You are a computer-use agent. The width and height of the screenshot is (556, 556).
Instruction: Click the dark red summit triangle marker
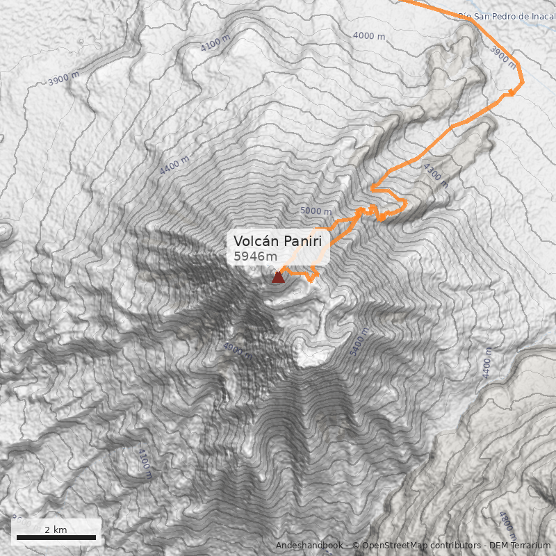(278, 277)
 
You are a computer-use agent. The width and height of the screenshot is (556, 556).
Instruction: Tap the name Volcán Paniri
(278, 240)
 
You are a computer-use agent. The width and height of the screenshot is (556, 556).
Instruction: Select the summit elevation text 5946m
(256, 256)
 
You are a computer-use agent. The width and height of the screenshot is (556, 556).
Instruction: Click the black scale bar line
(56, 537)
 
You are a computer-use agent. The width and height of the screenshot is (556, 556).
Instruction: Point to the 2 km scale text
(56, 530)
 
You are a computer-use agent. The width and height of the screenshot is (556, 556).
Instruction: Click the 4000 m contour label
(369, 35)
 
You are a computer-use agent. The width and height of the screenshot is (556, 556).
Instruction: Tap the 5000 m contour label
(316, 210)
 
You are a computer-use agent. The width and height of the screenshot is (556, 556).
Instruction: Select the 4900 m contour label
(237, 350)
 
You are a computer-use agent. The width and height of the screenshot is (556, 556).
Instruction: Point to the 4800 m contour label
(507, 525)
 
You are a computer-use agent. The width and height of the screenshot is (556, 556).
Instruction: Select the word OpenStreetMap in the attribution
(391, 546)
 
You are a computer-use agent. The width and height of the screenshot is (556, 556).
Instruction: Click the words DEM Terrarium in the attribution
(519, 546)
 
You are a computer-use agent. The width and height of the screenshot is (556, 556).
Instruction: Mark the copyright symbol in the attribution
(356, 546)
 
